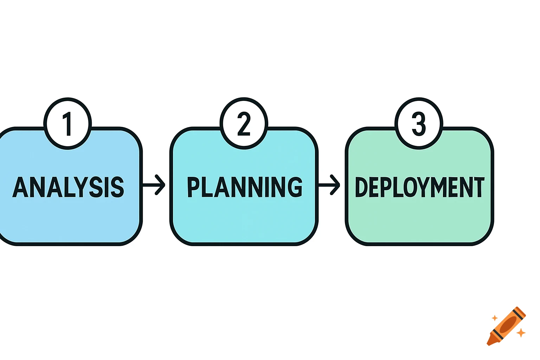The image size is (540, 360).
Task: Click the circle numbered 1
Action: click(67, 124)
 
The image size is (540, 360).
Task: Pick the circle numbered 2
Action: click(244, 124)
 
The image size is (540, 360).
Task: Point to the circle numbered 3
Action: click(419, 124)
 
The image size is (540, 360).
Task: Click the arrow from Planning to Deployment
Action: click(329, 184)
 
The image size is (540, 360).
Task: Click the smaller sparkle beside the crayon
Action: click(494, 318)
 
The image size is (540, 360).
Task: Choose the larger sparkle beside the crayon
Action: click(521, 332)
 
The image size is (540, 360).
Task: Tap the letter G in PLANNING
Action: click(295, 187)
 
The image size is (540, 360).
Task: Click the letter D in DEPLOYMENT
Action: click(361, 187)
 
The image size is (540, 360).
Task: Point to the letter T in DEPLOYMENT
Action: click(479, 187)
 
